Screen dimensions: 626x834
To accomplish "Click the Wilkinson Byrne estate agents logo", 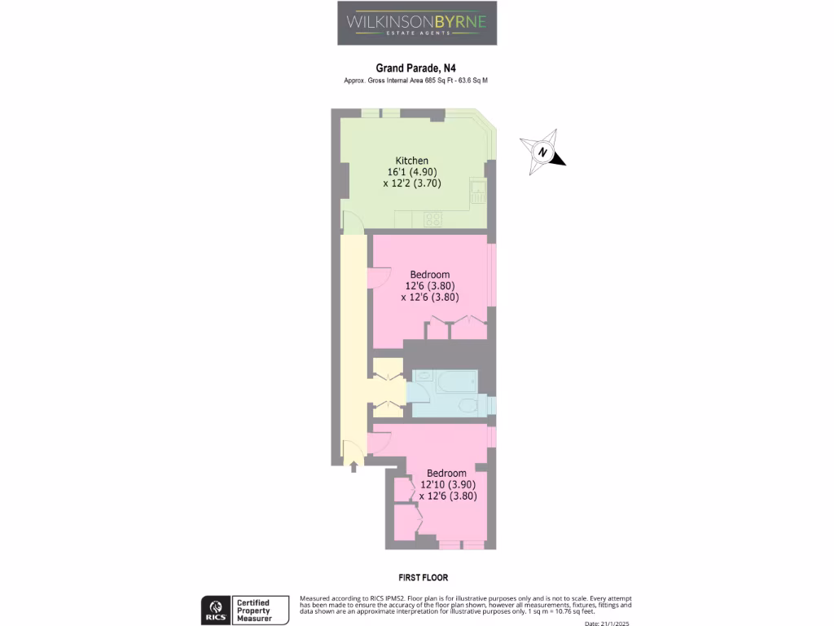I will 417,23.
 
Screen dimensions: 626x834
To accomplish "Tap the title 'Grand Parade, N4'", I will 416,69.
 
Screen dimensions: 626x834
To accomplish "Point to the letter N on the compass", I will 542,152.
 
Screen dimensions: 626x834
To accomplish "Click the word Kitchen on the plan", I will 412,161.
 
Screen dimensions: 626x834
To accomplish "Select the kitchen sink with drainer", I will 478,192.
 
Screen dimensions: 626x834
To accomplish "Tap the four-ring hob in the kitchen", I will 433,218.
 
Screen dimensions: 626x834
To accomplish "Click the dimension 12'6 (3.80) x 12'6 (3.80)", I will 430,292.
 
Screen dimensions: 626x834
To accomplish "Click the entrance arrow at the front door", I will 353,467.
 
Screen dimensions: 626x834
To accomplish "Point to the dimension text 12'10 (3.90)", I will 447,484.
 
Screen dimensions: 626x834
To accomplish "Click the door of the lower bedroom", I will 380,441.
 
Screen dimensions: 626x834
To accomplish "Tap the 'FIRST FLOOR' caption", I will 417,578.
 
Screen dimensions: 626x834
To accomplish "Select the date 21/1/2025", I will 608,624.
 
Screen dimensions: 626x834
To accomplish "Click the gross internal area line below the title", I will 416,81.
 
